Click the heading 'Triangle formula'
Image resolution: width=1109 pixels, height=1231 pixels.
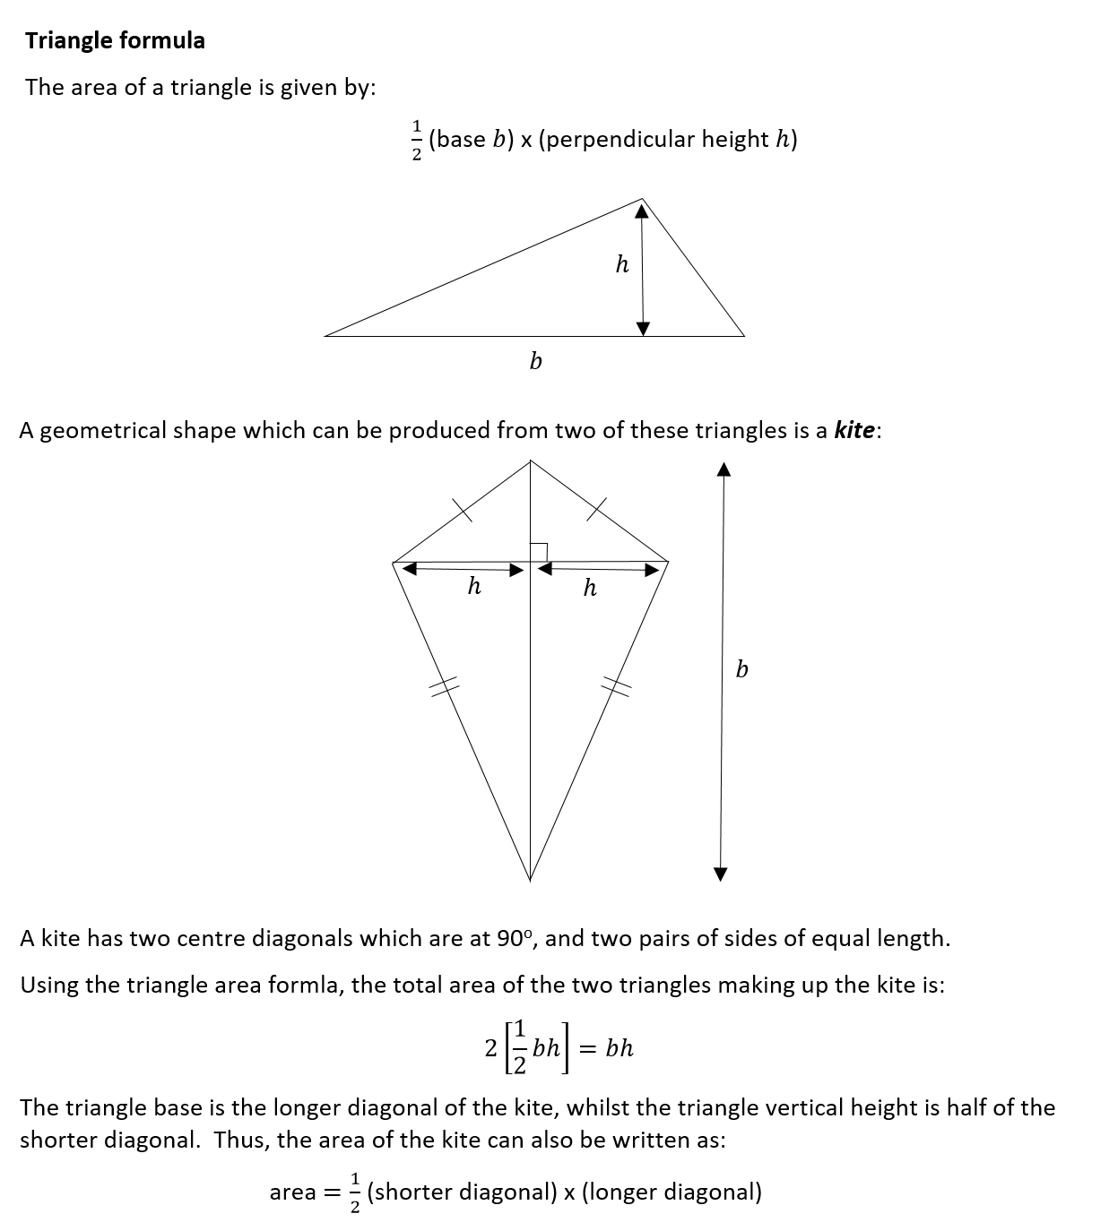(115, 40)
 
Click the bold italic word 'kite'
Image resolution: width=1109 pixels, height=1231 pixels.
(853, 430)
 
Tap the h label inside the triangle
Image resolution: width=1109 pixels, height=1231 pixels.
(622, 264)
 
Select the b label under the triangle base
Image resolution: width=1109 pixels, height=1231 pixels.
(535, 361)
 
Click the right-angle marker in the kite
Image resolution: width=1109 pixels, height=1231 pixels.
(538, 552)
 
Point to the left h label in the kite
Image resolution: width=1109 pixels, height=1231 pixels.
(474, 587)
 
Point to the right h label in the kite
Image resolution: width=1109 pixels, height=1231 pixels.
(589, 588)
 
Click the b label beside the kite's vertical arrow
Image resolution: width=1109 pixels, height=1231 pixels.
(741, 669)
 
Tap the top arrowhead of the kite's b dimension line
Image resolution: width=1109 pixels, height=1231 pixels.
(724, 469)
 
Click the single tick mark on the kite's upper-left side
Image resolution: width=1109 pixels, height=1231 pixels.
(461, 509)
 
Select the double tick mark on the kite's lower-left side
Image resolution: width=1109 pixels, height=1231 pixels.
(441, 687)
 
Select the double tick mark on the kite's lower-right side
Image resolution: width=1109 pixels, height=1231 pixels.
(616, 687)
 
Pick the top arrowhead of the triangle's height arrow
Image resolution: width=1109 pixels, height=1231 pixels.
(641, 211)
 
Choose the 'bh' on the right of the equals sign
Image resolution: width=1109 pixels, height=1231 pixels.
(619, 1047)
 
